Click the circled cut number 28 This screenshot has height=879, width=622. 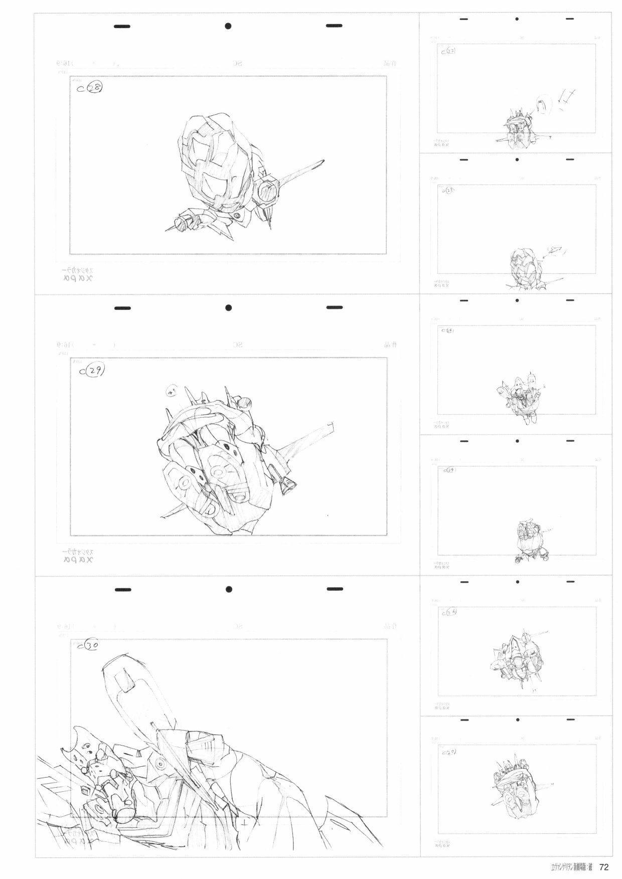point(94,89)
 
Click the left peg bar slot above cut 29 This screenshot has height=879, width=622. point(122,308)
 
